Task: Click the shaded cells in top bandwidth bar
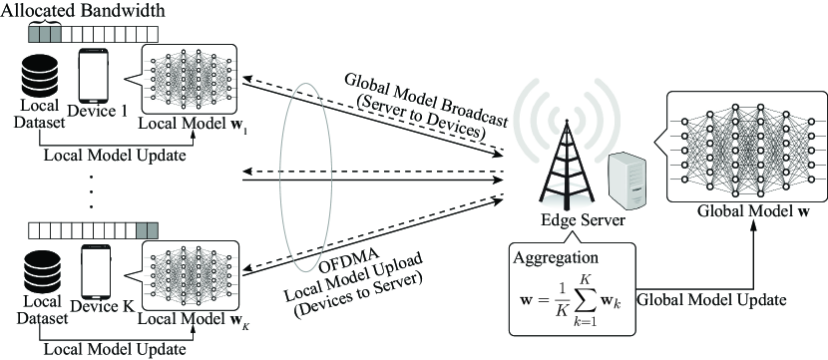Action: [45, 32]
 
